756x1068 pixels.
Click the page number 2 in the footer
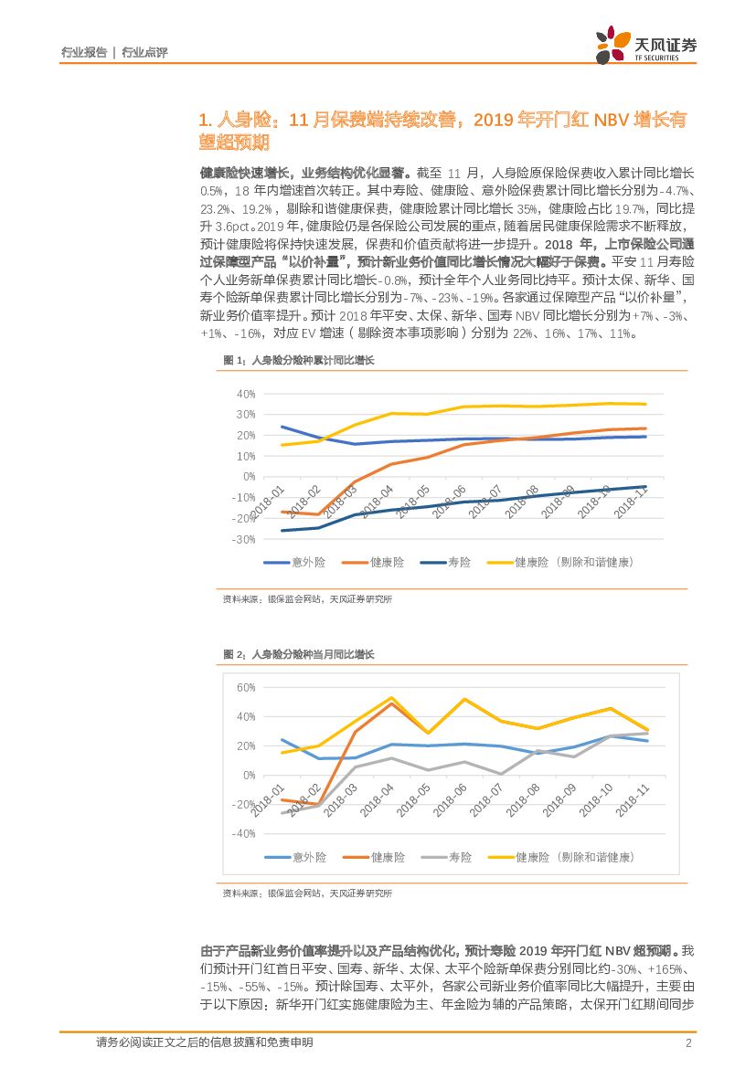687,1043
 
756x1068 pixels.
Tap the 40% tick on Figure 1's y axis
245,394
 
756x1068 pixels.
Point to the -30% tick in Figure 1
243,539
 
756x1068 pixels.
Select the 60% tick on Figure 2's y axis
244,687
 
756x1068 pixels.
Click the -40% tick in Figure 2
243,833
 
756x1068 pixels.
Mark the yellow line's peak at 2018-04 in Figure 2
391,698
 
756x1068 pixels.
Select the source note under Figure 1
307,599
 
